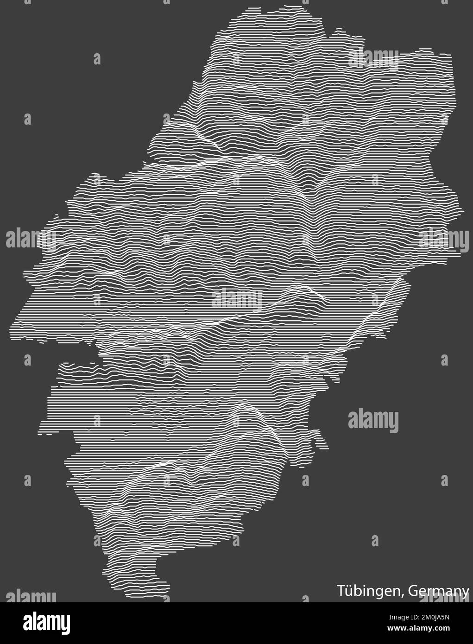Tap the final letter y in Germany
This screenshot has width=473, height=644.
pos(465,593)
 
